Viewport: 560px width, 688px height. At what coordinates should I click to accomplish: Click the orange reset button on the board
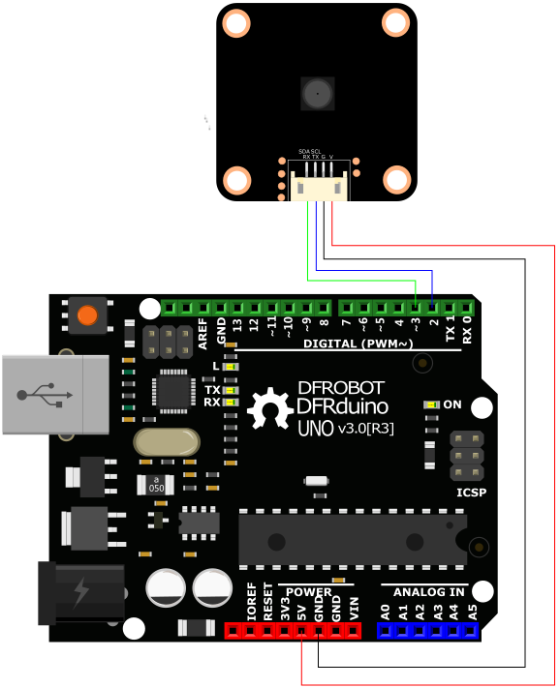87,315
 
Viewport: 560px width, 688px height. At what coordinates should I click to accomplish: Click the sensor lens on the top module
316,94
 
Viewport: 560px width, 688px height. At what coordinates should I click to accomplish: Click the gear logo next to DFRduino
270,409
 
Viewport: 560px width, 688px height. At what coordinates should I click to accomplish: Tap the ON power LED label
452,404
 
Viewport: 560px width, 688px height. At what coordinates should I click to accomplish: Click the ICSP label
471,492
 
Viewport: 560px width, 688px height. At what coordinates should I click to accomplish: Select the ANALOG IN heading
422,591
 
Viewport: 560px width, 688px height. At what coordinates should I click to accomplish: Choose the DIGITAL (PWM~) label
358,344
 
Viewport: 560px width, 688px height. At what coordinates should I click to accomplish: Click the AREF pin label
202,332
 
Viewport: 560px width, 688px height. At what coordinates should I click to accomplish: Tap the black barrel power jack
79,592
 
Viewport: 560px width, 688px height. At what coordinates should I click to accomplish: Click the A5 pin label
472,611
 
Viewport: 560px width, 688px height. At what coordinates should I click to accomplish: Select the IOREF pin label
251,602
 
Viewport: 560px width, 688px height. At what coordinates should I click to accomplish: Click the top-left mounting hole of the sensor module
236,22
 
